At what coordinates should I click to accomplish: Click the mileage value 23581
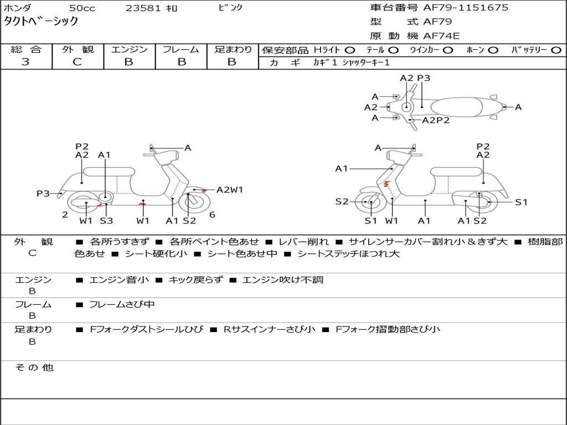(x=143, y=8)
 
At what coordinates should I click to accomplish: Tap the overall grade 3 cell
(x=25, y=62)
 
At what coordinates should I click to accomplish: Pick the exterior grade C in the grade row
(x=77, y=62)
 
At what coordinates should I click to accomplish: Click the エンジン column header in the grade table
(x=129, y=50)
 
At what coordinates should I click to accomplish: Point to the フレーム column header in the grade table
(x=181, y=50)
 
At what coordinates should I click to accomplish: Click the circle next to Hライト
(x=350, y=50)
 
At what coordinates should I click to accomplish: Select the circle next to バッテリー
(x=556, y=50)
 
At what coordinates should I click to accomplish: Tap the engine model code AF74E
(x=441, y=36)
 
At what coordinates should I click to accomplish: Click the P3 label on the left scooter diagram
(x=43, y=193)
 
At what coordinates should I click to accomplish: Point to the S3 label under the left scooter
(x=106, y=221)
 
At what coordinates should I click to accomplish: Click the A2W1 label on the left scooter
(x=230, y=190)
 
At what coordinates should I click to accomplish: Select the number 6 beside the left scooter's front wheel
(x=212, y=215)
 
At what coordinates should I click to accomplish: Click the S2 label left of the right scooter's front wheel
(x=342, y=201)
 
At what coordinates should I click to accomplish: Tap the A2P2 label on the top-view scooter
(x=436, y=120)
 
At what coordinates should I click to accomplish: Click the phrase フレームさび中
(x=122, y=304)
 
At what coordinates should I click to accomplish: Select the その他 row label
(x=34, y=367)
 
